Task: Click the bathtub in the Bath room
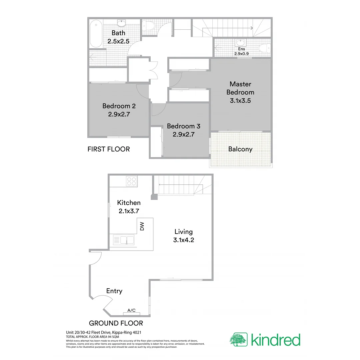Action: click(96, 34)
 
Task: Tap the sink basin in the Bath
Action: click(121, 23)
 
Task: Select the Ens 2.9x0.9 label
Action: click(241, 51)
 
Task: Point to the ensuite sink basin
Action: click(240, 42)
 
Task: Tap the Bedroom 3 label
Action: click(183, 126)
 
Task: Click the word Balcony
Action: click(240, 149)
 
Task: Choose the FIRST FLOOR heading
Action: click(108, 149)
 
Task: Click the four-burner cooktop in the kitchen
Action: click(131, 181)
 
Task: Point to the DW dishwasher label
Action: click(142, 227)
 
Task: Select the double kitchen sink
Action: click(124, 240)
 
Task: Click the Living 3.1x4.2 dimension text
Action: click(183, 240)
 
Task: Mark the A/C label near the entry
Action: click(131, 311)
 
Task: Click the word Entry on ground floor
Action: click(114, 291)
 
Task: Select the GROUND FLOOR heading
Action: click(116, 323)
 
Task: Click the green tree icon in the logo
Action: click(238, 339)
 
